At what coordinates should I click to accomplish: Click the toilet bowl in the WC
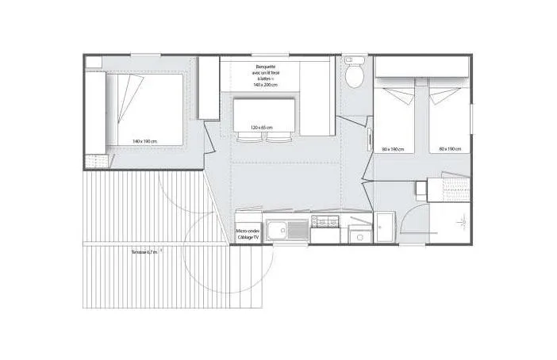tap(355, 74)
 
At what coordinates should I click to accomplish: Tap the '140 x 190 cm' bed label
tap(145, 141)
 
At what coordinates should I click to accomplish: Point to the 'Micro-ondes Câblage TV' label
tap(248, 235)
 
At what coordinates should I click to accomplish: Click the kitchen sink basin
tap(278, 232)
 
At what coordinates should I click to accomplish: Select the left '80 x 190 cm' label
tap(393, 149)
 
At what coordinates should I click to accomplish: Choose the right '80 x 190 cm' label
tap(450, 149)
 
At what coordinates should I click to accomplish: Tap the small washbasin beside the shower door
tap(384, 226)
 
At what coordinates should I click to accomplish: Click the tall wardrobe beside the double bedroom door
tap(209, 87)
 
